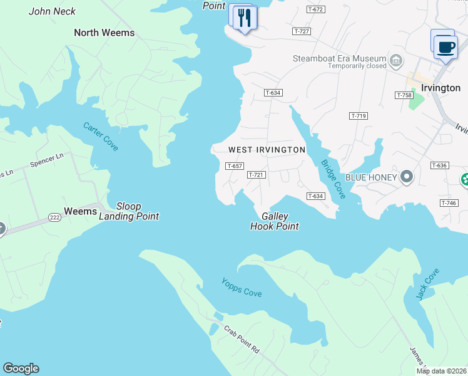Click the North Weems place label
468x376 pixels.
[x=104, y=33]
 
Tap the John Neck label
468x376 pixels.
[x=52, y=11]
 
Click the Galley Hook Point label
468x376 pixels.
[x=274, y=221]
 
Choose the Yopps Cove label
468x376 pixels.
[x=241, y=288]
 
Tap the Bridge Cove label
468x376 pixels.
[x=333, y=179]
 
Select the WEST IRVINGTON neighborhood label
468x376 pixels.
[x=267, y=150]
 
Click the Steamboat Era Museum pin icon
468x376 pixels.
[x=395, y=61]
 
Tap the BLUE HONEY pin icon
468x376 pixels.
[x=407, y=177]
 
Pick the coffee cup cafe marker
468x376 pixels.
[x=445, y=47]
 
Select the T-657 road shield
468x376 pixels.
[x=234, y=166]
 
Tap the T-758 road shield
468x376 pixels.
[x=404, y=95]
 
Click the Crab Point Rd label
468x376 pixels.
[x=242, y=339]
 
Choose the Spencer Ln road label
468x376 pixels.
[x=47, y=162]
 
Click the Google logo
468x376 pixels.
[x=21, y=368]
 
